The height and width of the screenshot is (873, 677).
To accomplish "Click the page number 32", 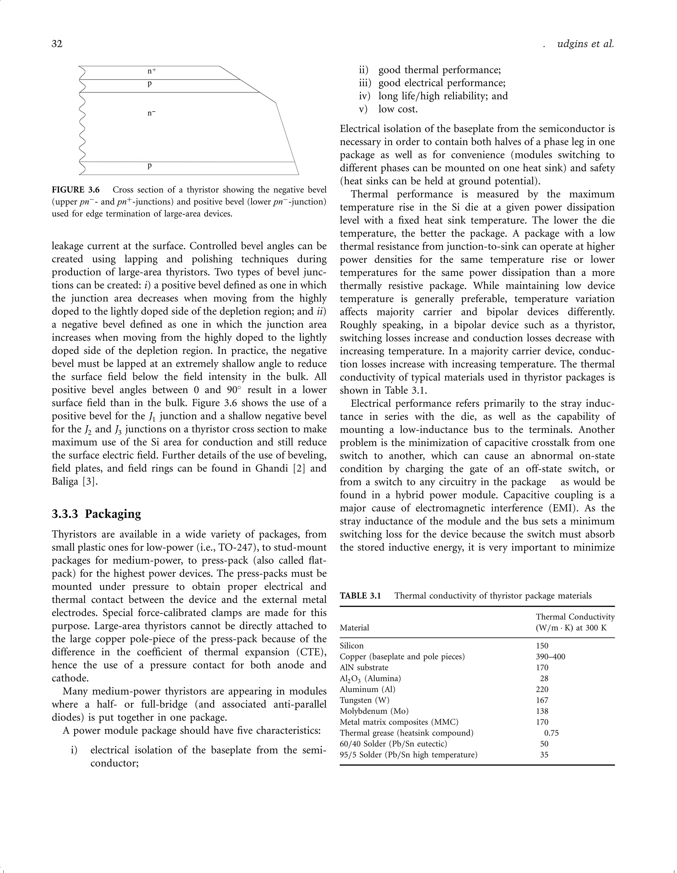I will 57,44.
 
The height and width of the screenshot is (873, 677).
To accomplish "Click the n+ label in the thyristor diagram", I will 152,71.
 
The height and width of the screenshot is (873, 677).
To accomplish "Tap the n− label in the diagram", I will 151,113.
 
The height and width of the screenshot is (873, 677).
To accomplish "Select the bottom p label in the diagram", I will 150,165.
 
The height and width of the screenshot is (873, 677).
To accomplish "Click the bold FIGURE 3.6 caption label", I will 76,190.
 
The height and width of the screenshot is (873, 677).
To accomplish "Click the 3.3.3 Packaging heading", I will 97,514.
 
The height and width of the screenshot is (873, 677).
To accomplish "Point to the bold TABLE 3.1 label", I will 360,596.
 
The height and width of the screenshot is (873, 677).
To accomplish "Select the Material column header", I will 354,628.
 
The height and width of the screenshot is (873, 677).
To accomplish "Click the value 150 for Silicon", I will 542,646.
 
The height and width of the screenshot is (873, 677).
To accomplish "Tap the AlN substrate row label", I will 364,668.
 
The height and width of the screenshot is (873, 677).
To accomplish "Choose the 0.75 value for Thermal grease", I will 551,733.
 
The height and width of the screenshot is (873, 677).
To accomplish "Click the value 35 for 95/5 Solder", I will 544,755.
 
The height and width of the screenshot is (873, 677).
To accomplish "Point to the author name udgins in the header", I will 572,44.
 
